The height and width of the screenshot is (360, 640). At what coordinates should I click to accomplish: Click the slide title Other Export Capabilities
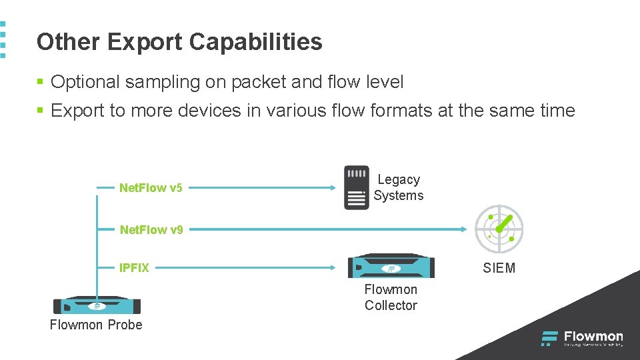pyautogui.click(x=179, y=42)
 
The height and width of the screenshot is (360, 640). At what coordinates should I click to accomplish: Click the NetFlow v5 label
pyautogui.click(x=151, y=188)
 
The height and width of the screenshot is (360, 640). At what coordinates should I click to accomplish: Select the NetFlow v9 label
pyautogui.click(x=151, y=230)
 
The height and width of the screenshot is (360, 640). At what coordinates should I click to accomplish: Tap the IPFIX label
pyautogui.click(x=134, y=268)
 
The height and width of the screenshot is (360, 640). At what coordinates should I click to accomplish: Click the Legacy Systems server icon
pyautogui.click(x=356, y=187)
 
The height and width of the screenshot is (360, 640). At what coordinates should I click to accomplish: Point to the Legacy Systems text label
pyautogui.click(x=399, y=187)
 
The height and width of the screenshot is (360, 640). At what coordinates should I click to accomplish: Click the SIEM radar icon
pyautogui.click(x=499, y=229)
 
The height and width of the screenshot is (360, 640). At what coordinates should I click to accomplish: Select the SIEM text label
pyautogui.click(x=499, y=268)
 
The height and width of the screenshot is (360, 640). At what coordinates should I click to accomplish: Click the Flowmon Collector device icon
pyautogui.click(x=391, y=267)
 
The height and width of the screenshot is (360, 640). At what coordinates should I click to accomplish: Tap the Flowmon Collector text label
pyautogui.click(x=391, y=297)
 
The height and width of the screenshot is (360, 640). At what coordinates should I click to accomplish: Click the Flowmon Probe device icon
pyautogui.click(x=97, y=305)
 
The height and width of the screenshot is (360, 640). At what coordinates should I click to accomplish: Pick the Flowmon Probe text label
pyautogui.click(x=96, y=325)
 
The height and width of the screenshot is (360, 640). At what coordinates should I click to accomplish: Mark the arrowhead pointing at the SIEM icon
pyautogui.click(x=465, y=229)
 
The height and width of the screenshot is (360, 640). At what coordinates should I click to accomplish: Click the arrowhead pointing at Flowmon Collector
pyautogui.click(x=335, y=268)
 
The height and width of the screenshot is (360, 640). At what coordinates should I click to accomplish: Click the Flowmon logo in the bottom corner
pyautogui.click(x=582, y=338)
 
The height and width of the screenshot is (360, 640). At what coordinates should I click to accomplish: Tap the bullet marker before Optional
pyautogui.click(x=40, y=82)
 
